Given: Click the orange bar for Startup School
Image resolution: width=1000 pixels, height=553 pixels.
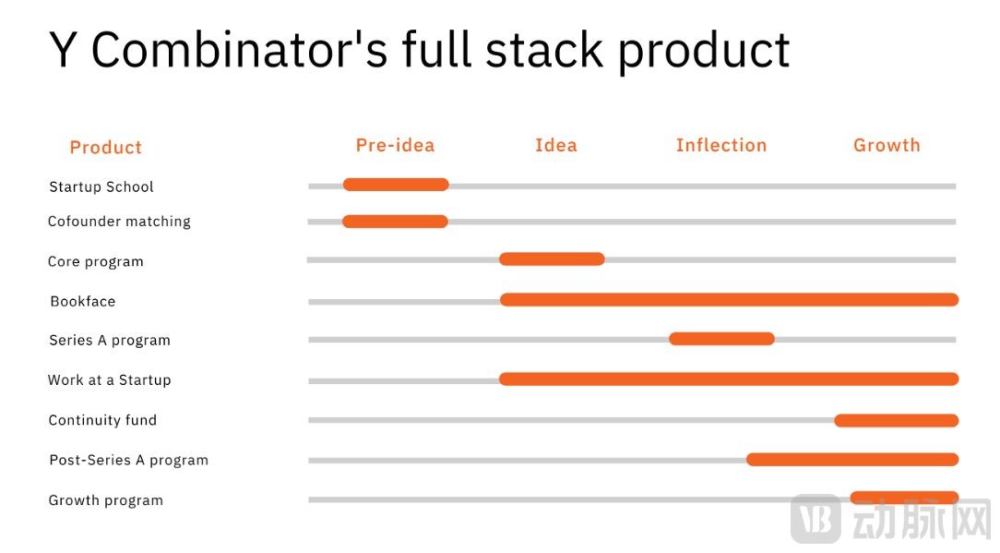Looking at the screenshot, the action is tap(396, 185).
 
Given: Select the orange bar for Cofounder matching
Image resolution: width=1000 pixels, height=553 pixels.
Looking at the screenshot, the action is tap(396, 222).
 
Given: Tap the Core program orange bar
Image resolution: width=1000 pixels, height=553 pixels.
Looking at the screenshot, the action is tap(553, 258).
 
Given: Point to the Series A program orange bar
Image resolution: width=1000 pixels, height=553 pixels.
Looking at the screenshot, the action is tap(722, 339).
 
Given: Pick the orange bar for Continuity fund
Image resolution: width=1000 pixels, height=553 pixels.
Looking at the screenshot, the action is tap(897, 420).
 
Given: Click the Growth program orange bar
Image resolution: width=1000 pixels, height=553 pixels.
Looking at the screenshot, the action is tap(904, 498).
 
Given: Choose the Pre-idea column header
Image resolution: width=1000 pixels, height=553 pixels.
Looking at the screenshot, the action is tap(396, 146).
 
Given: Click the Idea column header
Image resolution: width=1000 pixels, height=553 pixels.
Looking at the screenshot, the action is tap(556, 146).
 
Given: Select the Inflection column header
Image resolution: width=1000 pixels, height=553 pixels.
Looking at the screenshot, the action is tap(721, 146).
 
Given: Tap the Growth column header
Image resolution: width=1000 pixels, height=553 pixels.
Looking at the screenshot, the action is tap(887, 146).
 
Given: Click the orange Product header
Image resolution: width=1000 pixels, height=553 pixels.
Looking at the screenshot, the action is tap(106, 148).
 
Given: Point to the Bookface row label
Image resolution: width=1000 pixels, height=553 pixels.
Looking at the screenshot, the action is tap(83, 301).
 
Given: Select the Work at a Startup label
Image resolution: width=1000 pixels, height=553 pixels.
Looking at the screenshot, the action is tap(110, 380).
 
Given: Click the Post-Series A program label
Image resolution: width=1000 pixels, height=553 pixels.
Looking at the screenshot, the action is tap(129, 461).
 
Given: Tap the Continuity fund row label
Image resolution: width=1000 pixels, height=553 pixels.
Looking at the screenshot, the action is tap(102, 420).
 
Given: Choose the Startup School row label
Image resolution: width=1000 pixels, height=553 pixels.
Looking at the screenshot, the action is tap(101, 186).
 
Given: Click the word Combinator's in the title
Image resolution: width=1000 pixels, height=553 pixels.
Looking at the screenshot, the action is tap(240, 50).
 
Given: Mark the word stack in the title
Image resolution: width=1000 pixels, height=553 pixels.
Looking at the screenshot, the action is tap(544, 50).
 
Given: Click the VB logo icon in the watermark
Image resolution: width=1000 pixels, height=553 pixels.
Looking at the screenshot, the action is tap(815, 518).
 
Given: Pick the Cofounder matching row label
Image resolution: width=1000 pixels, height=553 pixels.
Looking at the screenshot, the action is tap(119, 222).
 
